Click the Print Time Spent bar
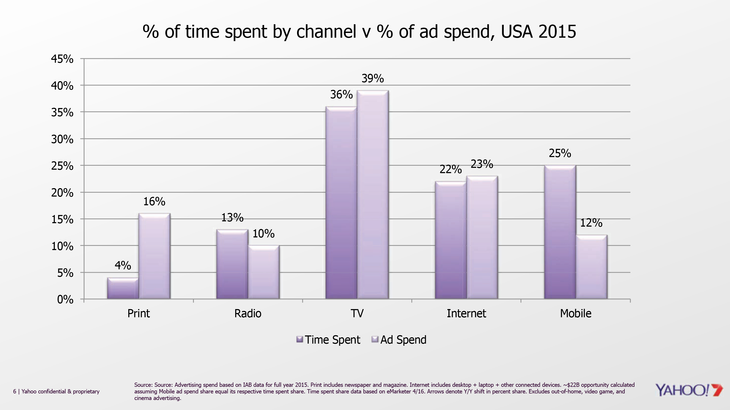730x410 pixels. click(123, 288)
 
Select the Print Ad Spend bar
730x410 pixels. click(154, 256)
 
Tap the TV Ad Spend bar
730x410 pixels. click(373, 194)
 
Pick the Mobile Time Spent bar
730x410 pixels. click(560, 232)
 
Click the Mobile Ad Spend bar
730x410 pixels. click(591, 267)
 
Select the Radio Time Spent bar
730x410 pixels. click(232, 264)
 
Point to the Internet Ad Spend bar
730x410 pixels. click(482, 237)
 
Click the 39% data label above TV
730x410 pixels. click(373, 79)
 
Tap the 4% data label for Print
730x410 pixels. click(123, 266)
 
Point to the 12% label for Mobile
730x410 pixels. click(591, 223)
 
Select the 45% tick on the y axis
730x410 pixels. click(62, 59)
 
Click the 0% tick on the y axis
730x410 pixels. click(65, 299)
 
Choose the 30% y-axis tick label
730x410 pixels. click(62, 139)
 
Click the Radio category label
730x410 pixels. click(248, 314)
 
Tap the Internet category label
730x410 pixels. click(466, 314)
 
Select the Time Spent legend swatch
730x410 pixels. click(299, 339)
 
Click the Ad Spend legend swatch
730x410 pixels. click(375, 339)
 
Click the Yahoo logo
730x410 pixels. click(689, 390)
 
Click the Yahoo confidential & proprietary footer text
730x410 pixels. click(60, 392)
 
